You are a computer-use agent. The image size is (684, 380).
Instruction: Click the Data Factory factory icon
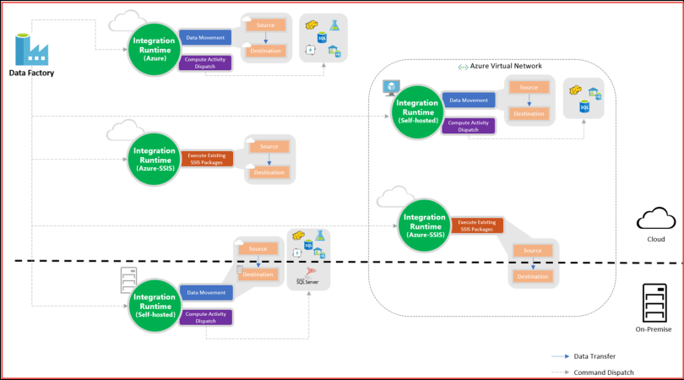[x=30, y=48]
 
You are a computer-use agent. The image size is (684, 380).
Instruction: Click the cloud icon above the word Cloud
[x=655, y=220]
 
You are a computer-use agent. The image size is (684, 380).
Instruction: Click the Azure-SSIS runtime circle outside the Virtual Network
[x=154, y=157]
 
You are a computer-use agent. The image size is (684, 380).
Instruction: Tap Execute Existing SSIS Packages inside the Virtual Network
[x=477, y=225]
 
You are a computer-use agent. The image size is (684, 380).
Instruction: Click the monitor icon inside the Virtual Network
[x=391, y=87]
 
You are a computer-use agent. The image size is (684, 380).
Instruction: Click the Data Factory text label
[x=31, y=73]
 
